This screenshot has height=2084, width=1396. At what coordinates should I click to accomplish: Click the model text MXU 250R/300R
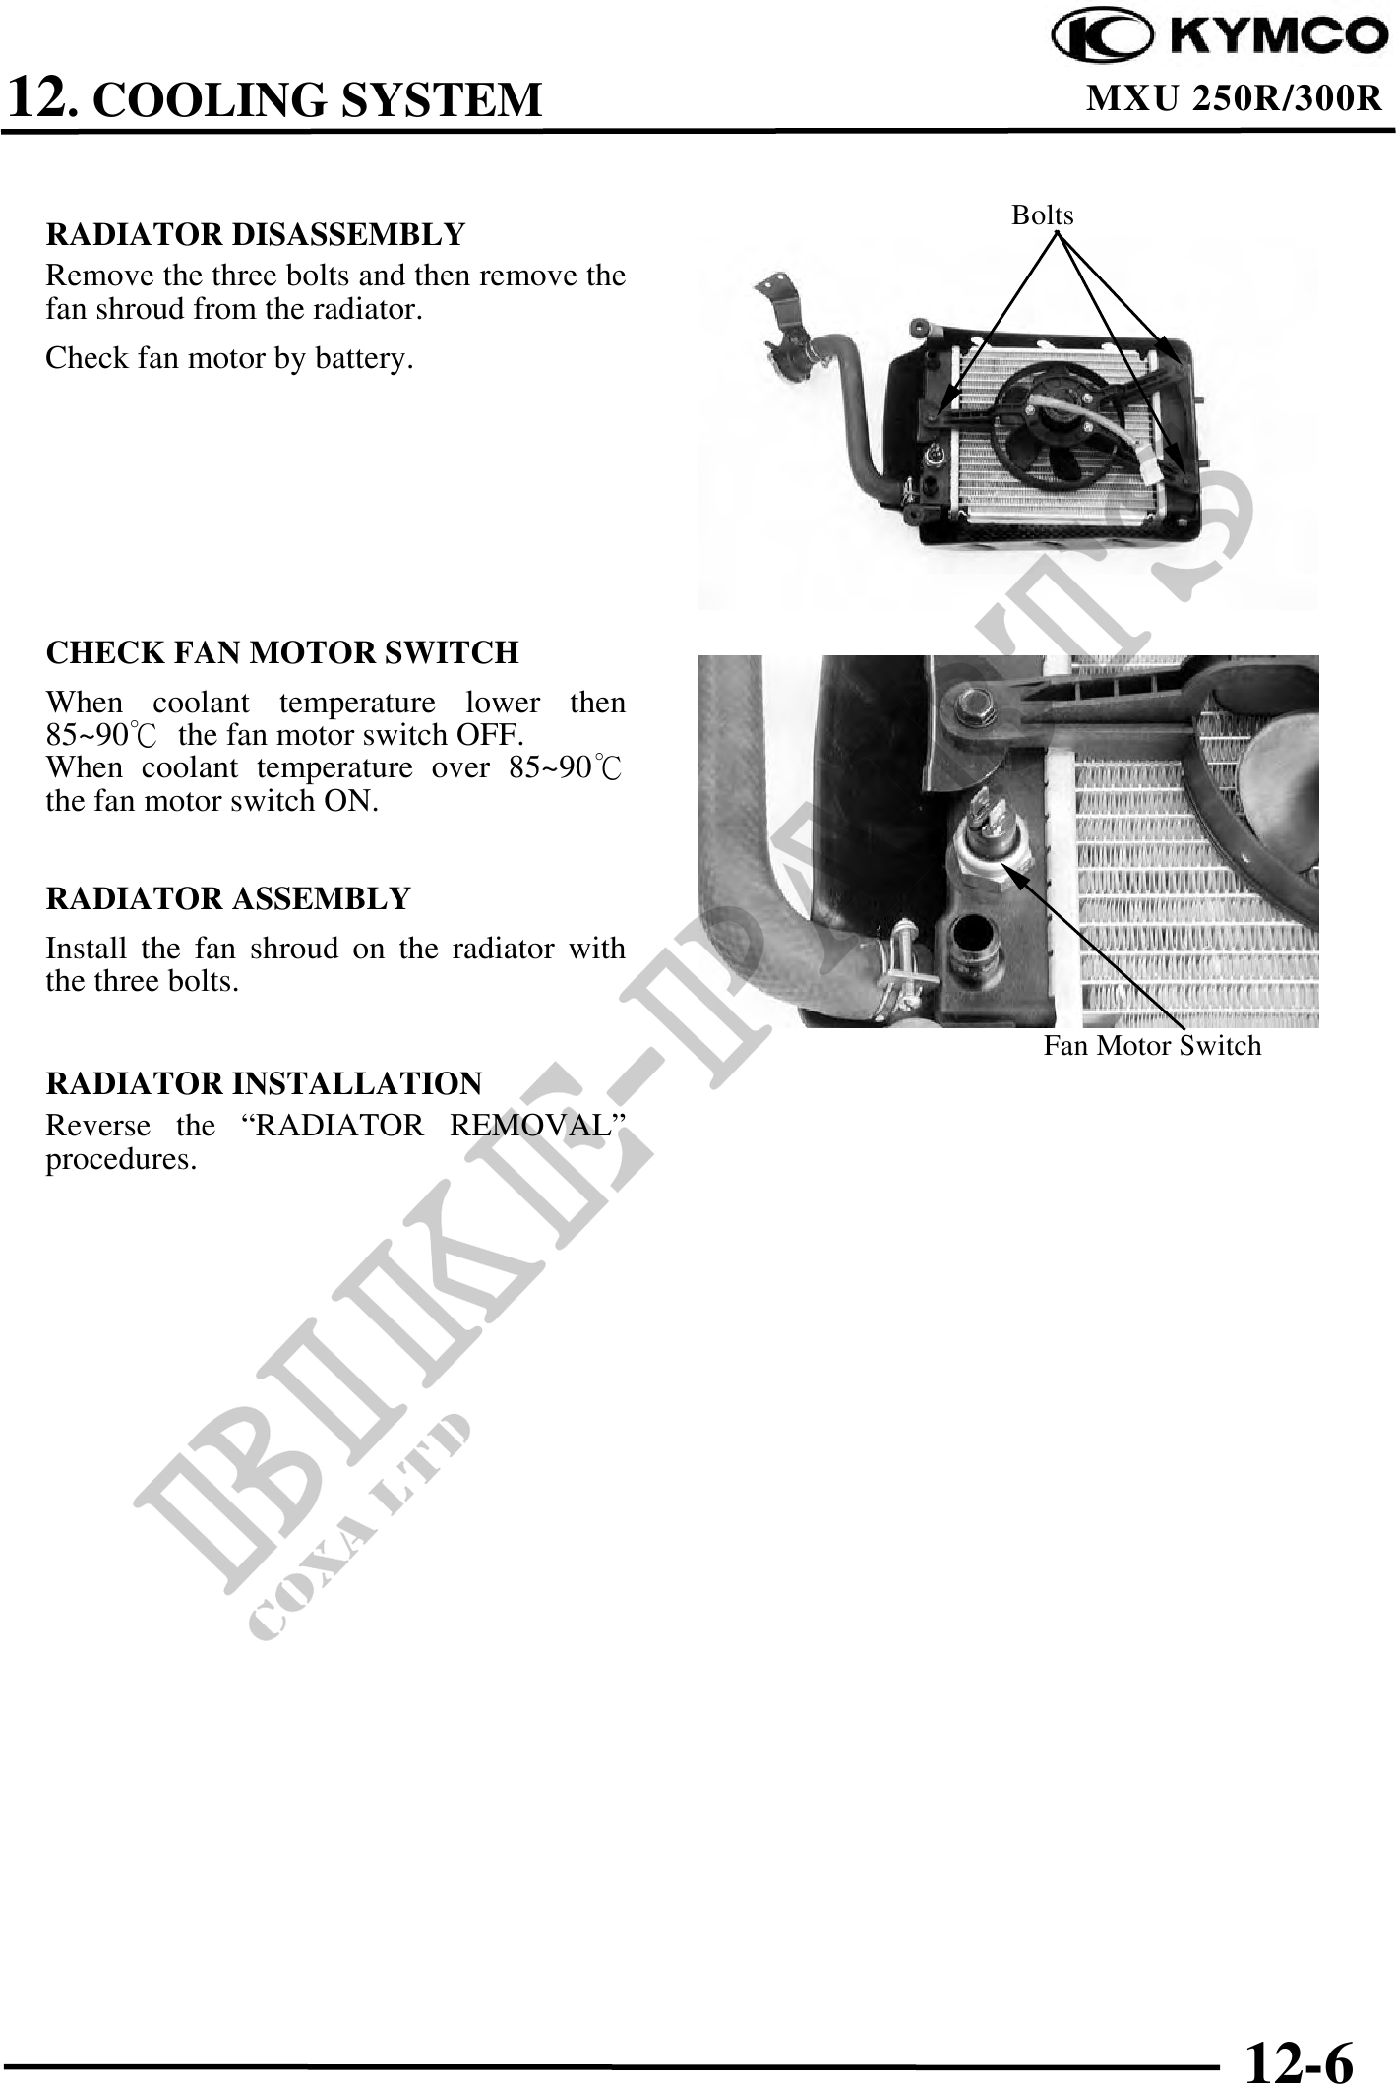pos(1235,97)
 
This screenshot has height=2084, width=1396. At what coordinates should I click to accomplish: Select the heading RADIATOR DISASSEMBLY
pos(256,235)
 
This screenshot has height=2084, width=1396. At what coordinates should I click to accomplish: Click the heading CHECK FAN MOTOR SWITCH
pos(282,652)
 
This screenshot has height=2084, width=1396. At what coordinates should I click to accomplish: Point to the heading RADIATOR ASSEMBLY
pos(228,898)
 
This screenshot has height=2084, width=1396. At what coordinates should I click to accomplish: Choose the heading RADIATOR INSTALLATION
pos(265,1083)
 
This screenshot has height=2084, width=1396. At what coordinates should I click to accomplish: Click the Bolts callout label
pos(1043,215)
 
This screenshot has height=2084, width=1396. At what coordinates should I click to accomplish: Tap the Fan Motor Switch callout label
pos(1152,1045)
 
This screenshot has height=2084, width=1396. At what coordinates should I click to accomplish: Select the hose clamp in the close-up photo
pos(911,963)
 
